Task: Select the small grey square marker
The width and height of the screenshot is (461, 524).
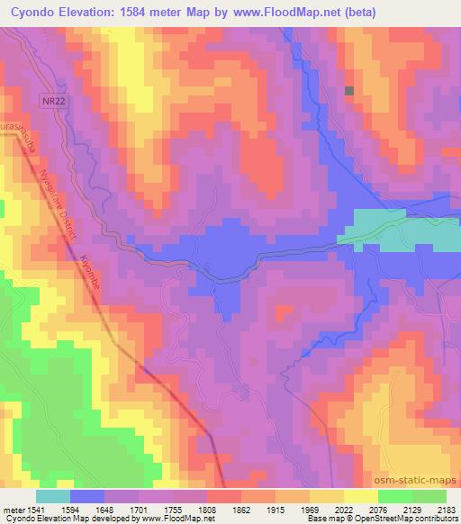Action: pos(349,90)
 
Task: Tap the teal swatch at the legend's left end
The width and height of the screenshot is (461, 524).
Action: pos(52,495)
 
